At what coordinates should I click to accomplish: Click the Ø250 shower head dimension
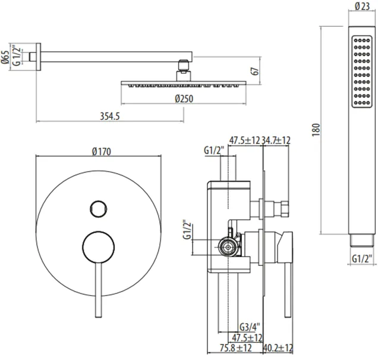click(x=184, y=99)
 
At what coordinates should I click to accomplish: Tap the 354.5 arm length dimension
click(x=110, y=116)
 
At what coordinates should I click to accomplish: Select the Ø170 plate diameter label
click(x=102, y=152)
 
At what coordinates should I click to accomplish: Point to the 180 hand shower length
click(x=316, y=130)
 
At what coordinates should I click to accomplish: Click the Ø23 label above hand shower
click(x=362, y=7)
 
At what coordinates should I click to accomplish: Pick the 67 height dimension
click(x=255, y=71)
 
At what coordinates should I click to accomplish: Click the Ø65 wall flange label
click(x=5, y=57)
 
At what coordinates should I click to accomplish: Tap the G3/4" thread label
click(x=250, y=327)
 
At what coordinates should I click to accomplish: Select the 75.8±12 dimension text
click(x=235, y=348)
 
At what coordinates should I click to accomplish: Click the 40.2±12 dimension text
click(x=278, y=348)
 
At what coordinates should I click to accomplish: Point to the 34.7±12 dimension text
click(x=276, y=140)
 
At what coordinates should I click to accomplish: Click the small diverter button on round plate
click(x=98, y=209)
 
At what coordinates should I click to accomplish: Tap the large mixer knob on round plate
click(x=98, y=247)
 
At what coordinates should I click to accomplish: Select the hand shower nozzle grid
click(x=362, y=71)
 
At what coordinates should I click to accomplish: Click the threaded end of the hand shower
click(x=361, y=240)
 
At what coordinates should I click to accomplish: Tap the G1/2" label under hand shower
click(x=361, y=259)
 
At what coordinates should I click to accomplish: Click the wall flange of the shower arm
click(x=38, y=57)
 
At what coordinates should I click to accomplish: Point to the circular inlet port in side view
click(x=227, y=247)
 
